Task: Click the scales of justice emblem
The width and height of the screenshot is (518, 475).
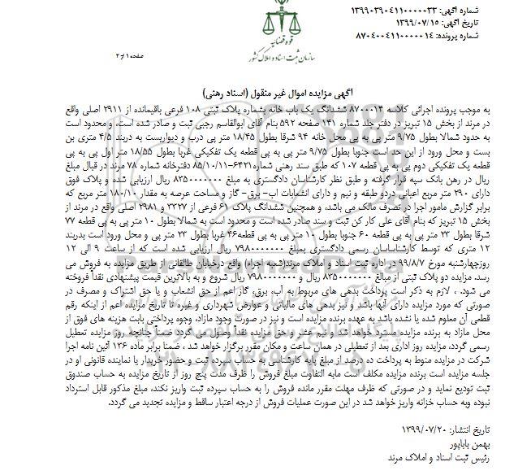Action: pos(258,25)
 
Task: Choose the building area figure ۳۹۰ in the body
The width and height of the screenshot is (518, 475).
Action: pos(489,203)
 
